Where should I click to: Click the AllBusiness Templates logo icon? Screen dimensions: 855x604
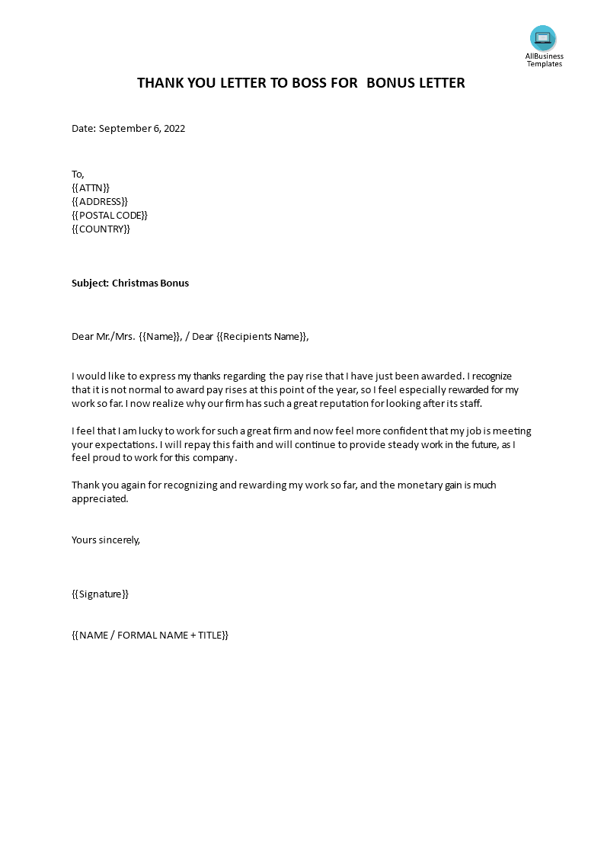point(543,38)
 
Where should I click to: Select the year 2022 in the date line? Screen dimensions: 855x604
point(173,129)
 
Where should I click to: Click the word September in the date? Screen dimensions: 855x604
point(125,129)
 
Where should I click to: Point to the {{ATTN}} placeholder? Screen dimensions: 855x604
point(91,187)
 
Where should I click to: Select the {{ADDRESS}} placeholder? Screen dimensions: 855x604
point(100,201)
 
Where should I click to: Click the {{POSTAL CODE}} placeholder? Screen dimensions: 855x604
point(110,215)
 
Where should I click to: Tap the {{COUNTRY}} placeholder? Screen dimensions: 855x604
point(101,229)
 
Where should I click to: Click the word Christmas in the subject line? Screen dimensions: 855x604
point(134,283)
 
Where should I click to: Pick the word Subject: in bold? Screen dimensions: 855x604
point(90,283)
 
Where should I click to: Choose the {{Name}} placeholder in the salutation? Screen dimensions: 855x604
point(161,337)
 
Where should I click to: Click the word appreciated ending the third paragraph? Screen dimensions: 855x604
point(100,499)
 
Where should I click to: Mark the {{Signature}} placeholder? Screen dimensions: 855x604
point(100,594)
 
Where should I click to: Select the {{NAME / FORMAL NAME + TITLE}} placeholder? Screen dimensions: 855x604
point(150,635)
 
